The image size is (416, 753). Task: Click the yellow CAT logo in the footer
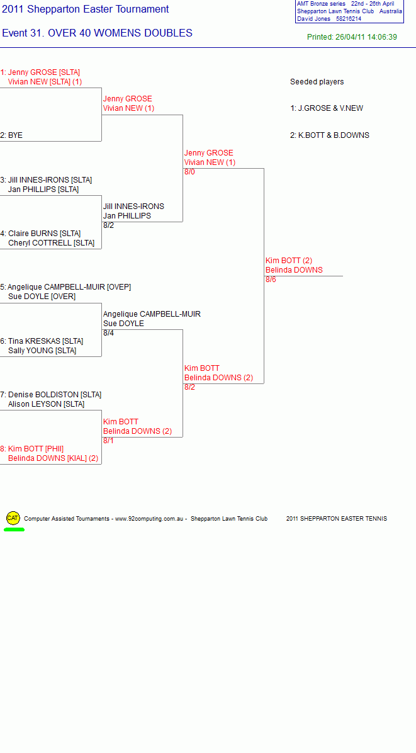click(13, 518)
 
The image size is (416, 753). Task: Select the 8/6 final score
click(271, 280)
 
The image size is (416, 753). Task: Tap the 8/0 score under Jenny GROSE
click(189, 172)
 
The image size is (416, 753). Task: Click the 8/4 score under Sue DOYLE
click(108, 333)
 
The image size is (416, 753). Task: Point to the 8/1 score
click(108, 441)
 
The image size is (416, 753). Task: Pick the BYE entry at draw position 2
click(11, 135)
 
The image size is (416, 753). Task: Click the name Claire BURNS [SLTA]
click(41, 234)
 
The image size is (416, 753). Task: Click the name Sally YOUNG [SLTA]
click(42, 351)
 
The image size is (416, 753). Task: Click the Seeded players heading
click(317, 82)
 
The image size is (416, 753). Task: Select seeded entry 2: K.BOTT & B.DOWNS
click(330, 135)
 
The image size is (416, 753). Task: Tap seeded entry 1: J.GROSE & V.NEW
click(326, 108)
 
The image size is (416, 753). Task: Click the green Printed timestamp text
click(352, 37)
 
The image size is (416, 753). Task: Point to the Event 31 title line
click(98, 33)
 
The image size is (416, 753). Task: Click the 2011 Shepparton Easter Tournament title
click(86, 9)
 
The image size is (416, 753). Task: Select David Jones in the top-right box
click(313, 19)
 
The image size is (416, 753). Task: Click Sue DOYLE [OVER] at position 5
click(42, 297)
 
